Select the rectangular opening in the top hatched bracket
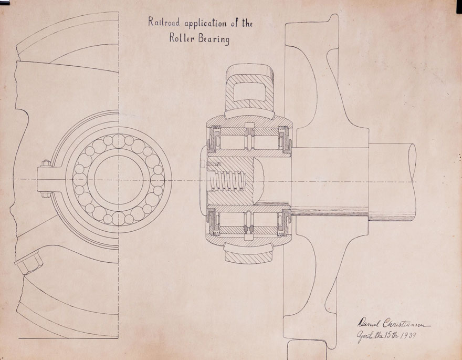coord(249,93)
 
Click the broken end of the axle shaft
coord(413,179)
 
